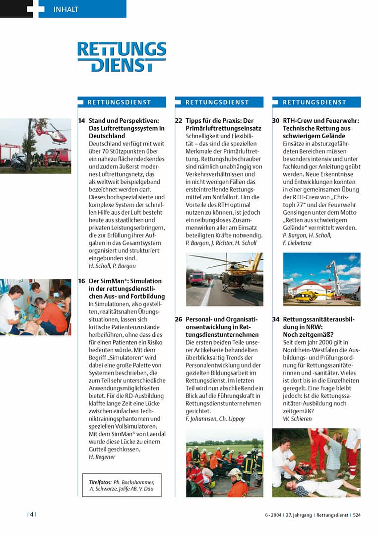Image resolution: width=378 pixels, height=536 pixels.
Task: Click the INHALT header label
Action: [66, 9]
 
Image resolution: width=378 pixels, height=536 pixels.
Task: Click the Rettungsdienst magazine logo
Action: [122, 57]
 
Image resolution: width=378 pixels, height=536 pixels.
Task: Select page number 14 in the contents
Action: [81, 121]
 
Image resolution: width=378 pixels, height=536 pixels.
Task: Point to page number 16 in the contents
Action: [81, 281]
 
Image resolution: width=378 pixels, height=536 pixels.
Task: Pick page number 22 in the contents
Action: [179, 121]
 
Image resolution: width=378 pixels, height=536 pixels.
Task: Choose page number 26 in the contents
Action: [179, 319]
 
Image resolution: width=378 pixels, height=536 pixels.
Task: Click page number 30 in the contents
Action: [276, 121]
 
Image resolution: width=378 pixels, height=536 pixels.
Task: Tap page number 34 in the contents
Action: [276, 319]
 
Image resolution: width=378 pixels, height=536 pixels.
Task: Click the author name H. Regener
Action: [102, 457]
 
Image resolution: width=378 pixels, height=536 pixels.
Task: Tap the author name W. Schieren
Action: [297, 419]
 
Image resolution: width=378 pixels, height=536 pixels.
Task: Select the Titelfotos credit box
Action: [122, 485]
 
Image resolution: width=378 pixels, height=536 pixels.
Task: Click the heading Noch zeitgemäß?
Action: [308, 335]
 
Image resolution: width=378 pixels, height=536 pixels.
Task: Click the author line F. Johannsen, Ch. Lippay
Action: [215, 419]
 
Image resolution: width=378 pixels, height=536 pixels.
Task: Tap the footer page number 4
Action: [32, 515]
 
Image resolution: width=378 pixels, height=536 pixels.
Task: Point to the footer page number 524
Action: [357, 515]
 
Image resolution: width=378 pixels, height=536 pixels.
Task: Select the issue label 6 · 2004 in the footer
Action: [272, 515]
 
